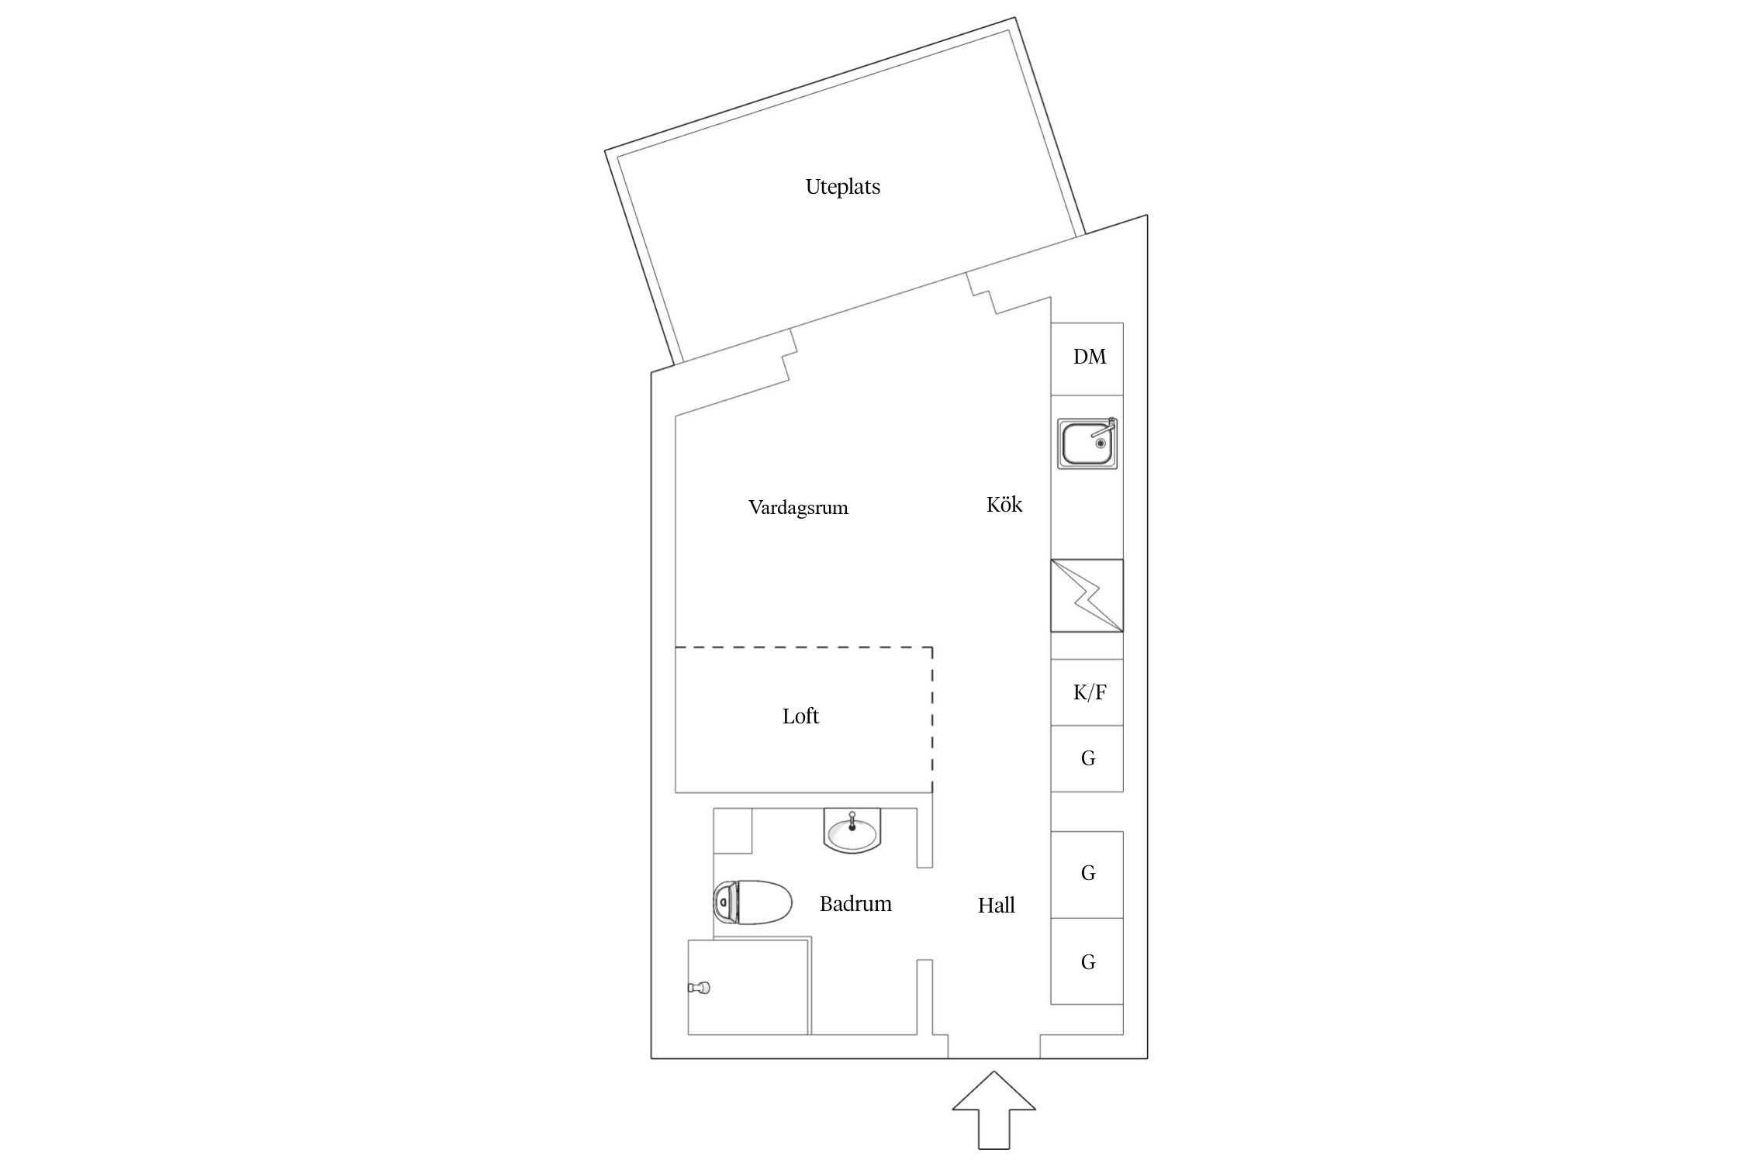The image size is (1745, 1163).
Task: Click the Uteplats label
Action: [842, 187]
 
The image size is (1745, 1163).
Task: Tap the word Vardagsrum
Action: [798, 509]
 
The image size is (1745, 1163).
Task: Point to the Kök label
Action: [1004, 505]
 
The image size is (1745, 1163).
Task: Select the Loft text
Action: [800, 716]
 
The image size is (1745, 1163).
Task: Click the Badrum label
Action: [855, 904]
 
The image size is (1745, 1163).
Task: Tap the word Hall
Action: [996, 906]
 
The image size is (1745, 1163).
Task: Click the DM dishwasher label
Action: [1089, 357]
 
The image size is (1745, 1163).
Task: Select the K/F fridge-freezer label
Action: [1089, 692]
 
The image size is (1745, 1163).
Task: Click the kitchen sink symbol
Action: [1087, 443]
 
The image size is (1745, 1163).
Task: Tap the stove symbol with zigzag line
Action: [1087, 595]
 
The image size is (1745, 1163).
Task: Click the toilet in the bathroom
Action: [752, 902]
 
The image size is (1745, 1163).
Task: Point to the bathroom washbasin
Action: [852, 831]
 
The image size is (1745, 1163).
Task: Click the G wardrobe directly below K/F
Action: [1087, 758]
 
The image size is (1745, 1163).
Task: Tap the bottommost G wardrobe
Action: [1087, 962]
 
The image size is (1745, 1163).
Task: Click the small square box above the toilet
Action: [732, 831]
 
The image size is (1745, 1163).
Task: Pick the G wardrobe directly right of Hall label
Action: [1087, 875]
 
